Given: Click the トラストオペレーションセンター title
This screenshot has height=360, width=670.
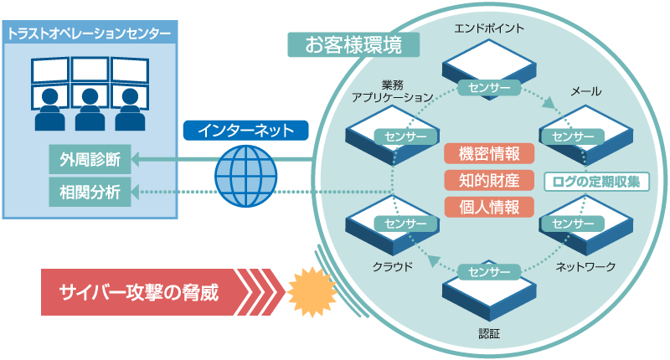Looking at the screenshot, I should click(90, 34).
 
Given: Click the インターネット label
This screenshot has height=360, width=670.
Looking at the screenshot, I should click(245, 131).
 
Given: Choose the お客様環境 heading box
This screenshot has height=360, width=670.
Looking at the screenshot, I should click(353, 45).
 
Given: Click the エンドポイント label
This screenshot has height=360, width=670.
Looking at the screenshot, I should click(489, 28).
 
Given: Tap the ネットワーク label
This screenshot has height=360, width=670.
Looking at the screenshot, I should click(586, 267).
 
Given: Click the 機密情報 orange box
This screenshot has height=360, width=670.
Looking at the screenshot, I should click(489, 153).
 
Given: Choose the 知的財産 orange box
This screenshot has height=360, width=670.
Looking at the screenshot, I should click(489, 180).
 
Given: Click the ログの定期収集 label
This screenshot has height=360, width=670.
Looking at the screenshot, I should click(596, 181).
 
